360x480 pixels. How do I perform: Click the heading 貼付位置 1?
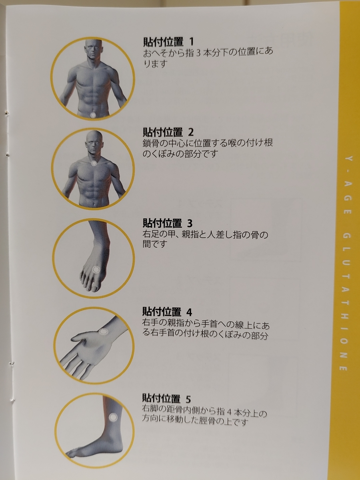(168, 42)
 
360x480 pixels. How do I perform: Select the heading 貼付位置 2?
(168, 132)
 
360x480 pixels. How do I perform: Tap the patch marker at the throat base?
(94, 163)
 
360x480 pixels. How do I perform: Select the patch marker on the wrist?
(103, 332)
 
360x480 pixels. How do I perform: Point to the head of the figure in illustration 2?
(94, 141)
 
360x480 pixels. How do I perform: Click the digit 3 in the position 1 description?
(198, 54)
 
